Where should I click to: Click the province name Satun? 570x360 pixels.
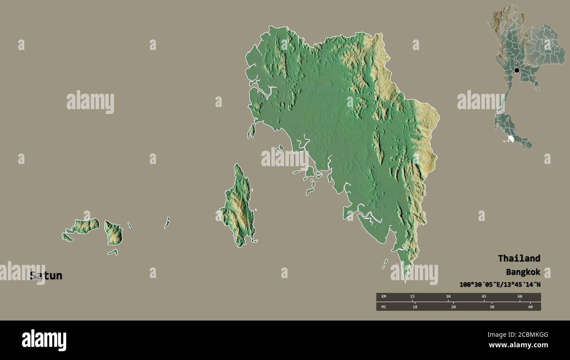coord(46,276)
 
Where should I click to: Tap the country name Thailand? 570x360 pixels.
coord(519,258)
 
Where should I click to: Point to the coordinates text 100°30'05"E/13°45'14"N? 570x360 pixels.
coord(500,285)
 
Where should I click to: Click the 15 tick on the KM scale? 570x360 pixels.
coord(412,297)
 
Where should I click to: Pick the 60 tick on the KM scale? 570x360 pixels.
coord(520,297)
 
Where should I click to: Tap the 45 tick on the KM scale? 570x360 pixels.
coord(484,297)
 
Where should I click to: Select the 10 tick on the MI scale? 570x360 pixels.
coord(415,307)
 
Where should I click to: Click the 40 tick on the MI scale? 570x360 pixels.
coord(530,307)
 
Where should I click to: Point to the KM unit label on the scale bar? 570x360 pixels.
coord(384,297)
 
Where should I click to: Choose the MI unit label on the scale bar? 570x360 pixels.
coord(384,307)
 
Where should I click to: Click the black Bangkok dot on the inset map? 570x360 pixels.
coord(517,70)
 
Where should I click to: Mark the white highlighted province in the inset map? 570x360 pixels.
coord(510,139)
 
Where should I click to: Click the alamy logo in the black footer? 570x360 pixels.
coord(44,340)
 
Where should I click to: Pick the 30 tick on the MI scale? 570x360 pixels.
coord(492,307)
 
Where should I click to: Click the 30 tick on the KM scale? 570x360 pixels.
coord(448,297)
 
